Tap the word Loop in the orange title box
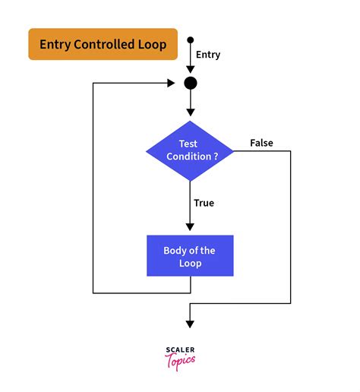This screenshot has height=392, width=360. [x=152, y=45]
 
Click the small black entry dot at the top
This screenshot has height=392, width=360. [x=190, y=40]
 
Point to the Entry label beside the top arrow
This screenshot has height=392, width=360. [x=208, y=55]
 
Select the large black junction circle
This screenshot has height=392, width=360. [x=190, y=83]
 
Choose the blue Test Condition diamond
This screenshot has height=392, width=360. [x=190, y=150]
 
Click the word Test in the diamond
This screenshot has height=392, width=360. [x=189, y=144]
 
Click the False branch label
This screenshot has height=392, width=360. [x=261, y=143]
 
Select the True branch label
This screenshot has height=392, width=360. [x=204, y=203]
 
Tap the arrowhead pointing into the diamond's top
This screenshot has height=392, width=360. [x=190, y=115]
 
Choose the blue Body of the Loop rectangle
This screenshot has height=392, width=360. [x=190, y=256]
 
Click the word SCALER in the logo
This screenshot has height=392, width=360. [x=179, y=349]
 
